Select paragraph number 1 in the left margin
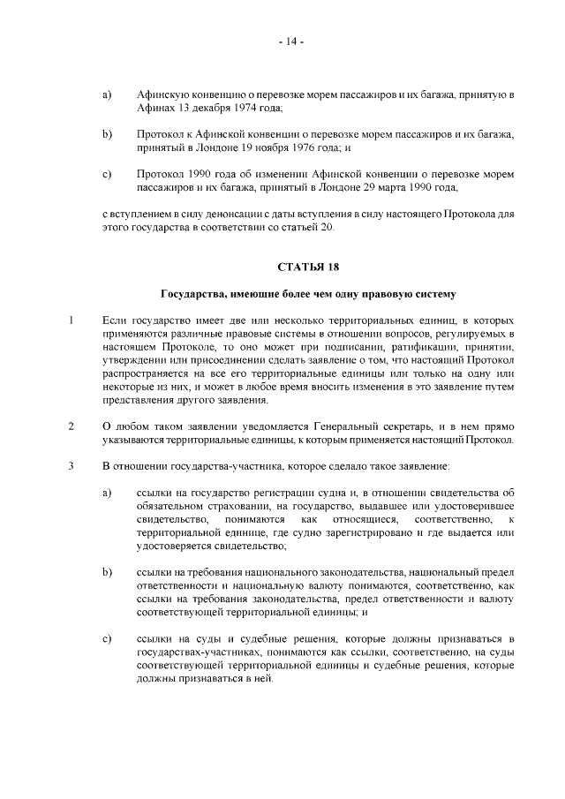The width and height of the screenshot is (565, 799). click(x=70, y=320)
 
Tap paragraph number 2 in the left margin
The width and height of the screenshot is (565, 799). click(x=70, y=428)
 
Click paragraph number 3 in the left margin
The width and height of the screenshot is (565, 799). click(x=70, y=466)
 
